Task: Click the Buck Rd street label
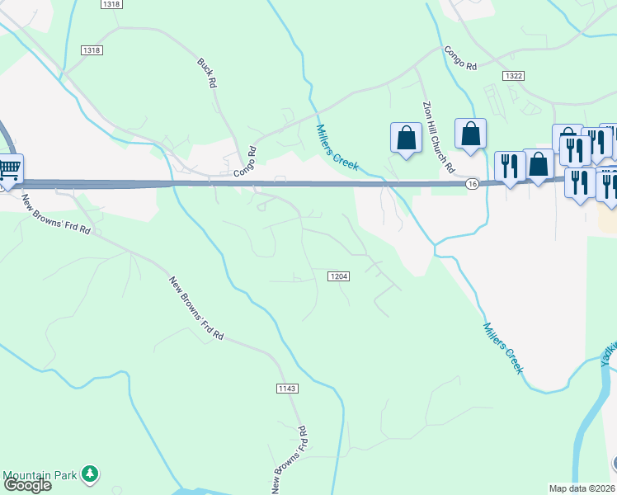point(207,73)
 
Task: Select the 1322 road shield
point(513,75)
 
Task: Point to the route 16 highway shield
point(471,183)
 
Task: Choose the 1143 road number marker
point(287,388)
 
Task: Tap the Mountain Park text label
point(40,475)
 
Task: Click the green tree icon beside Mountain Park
point(92,474)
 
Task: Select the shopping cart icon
point(8,170)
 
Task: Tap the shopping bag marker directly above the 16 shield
point(470,133)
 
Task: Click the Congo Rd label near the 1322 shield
point(461,58)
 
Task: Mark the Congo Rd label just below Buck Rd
point(246,163)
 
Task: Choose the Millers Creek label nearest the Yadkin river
point(502,347)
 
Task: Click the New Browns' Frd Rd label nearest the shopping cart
point(56,214)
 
